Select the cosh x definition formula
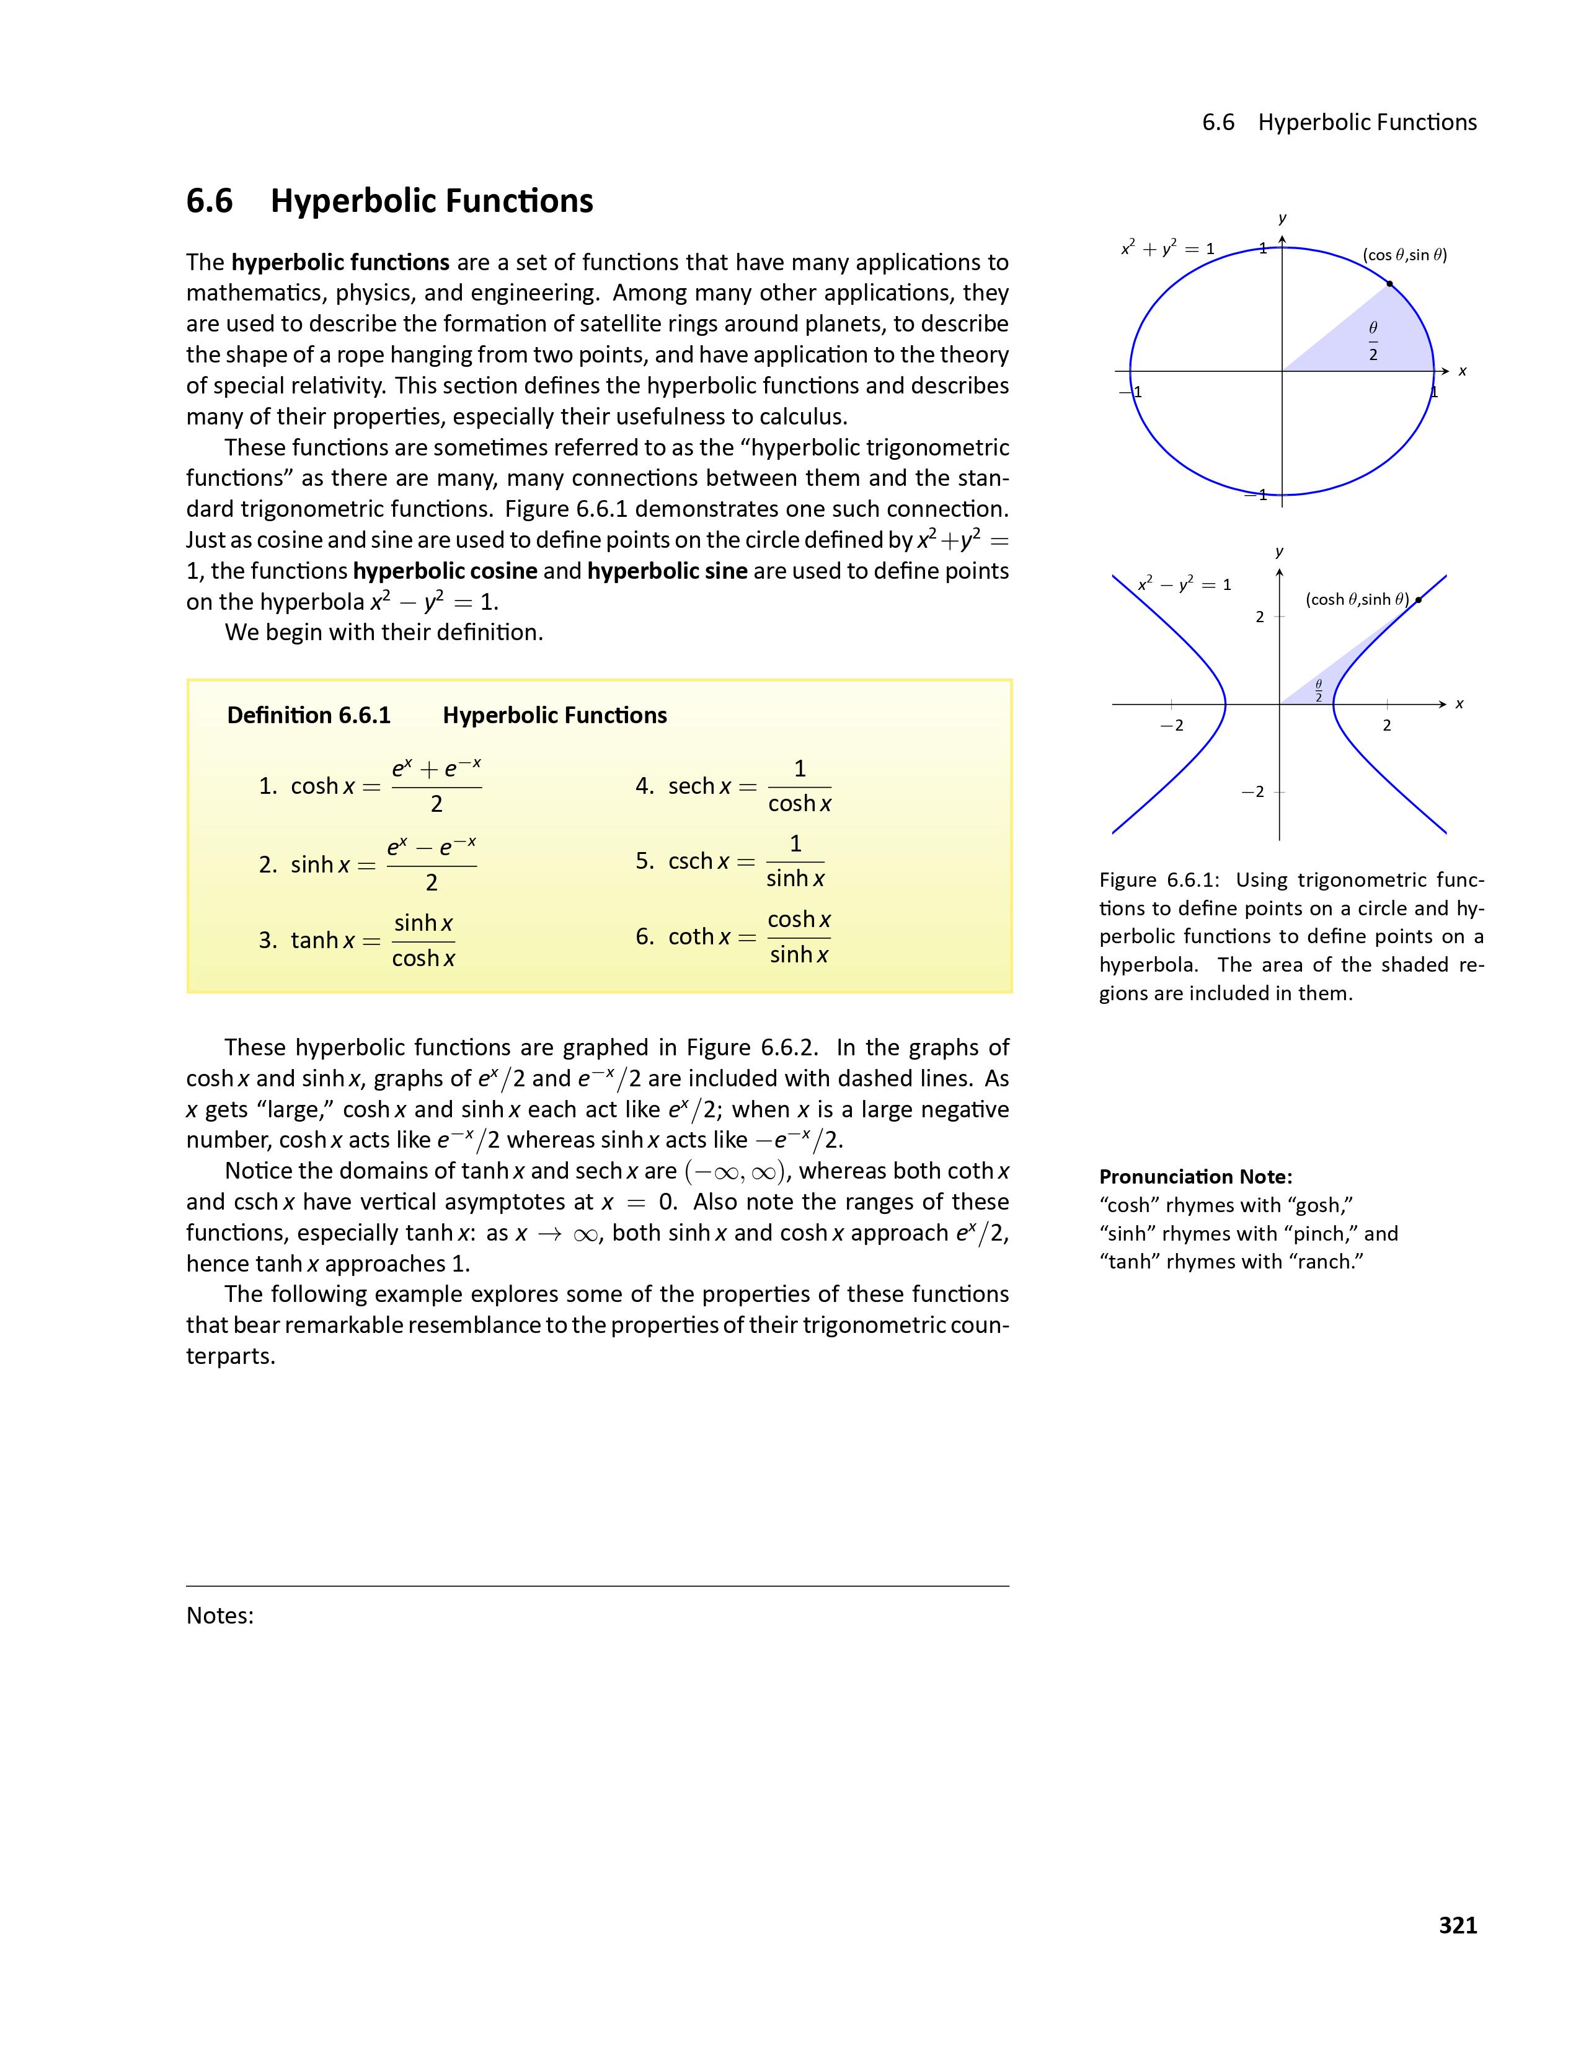click(x=370, y=786)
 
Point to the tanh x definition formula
click(x=357, y=940)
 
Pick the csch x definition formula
click(x=730, y=861)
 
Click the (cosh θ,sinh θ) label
click(x=1356, y=599)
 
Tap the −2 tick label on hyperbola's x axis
click(x=1171, y=725)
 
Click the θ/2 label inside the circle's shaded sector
click(x=1373, y=341)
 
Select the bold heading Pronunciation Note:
click(x=1195, y=1177)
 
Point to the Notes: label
click(x=220, y=1615)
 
